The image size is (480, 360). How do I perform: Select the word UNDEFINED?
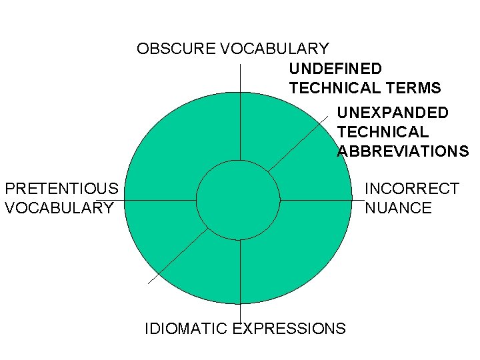335,69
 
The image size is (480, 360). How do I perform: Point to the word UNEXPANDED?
392,113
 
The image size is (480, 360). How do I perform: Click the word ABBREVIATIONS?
403,151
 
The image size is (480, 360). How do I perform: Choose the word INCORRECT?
411,189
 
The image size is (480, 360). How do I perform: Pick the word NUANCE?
398,208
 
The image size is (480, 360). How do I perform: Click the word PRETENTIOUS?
61,189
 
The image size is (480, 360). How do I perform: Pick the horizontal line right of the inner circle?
317,199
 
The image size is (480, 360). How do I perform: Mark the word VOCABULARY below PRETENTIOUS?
59,208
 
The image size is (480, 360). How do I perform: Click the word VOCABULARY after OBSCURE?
274,49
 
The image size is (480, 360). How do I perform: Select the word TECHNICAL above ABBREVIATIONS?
383,132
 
